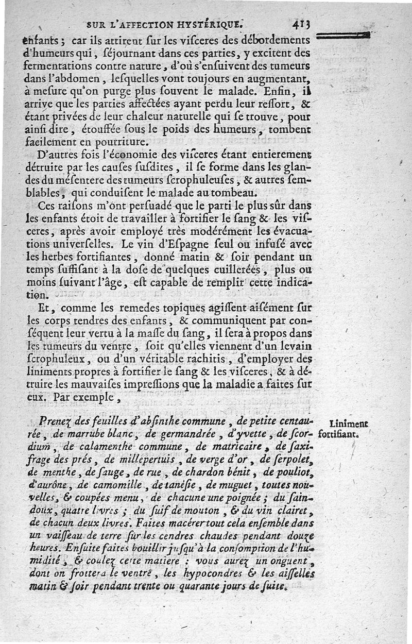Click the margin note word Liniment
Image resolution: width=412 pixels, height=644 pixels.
pyautogui.click(x=348, y=424)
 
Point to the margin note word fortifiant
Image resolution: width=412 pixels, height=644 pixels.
pyautogui.click(x=338, y=434)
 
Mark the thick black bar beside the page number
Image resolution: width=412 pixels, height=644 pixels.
pyautogui.click(x=344, y=35)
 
